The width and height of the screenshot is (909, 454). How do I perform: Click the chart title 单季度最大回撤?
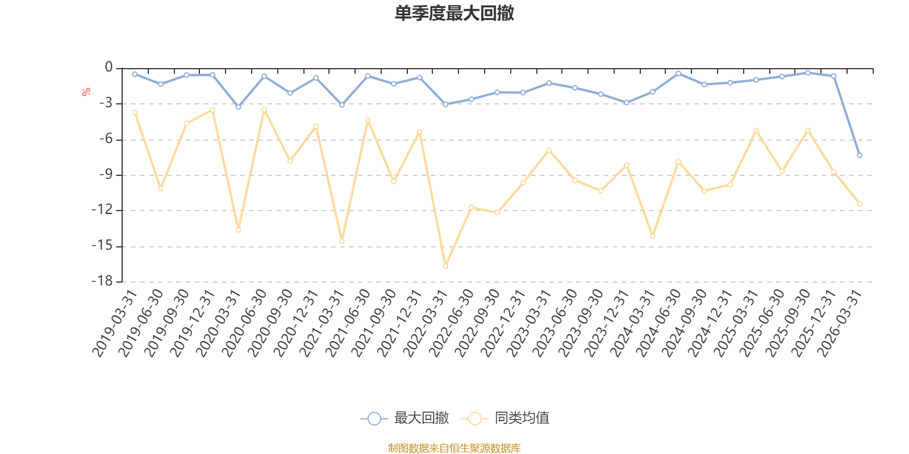[454, 13]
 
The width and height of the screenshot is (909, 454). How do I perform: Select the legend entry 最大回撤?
[405, 418]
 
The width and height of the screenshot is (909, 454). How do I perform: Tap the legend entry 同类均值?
[505, 418]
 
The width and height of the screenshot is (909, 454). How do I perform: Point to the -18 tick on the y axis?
[102, 281]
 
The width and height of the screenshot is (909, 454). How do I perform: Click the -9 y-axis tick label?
[106, 175]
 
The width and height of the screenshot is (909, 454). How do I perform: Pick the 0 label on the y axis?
[109, 67]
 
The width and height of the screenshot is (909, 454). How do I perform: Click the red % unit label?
[86, 92]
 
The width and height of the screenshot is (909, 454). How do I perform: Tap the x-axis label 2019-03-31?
[115, 323]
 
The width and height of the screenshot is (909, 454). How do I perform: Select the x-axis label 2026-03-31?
[840, 323]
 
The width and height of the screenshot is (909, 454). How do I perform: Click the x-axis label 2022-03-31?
[426, 323]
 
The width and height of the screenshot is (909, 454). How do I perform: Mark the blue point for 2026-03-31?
[860, 155]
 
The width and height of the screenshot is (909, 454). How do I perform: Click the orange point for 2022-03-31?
[445, 266]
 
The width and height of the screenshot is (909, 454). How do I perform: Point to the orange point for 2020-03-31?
[238, 230]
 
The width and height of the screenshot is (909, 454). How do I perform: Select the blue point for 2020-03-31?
[238, 107]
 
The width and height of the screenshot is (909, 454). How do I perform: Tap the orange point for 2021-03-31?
[341, 241]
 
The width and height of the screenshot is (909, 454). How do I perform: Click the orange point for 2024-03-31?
[653, 236]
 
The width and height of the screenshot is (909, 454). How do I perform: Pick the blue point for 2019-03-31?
[135, 74]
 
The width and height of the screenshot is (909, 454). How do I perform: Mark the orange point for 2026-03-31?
[860, 204]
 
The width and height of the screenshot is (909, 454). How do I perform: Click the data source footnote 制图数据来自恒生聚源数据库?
[454, 448]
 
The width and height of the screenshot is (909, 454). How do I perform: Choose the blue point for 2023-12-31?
[627, 103]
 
